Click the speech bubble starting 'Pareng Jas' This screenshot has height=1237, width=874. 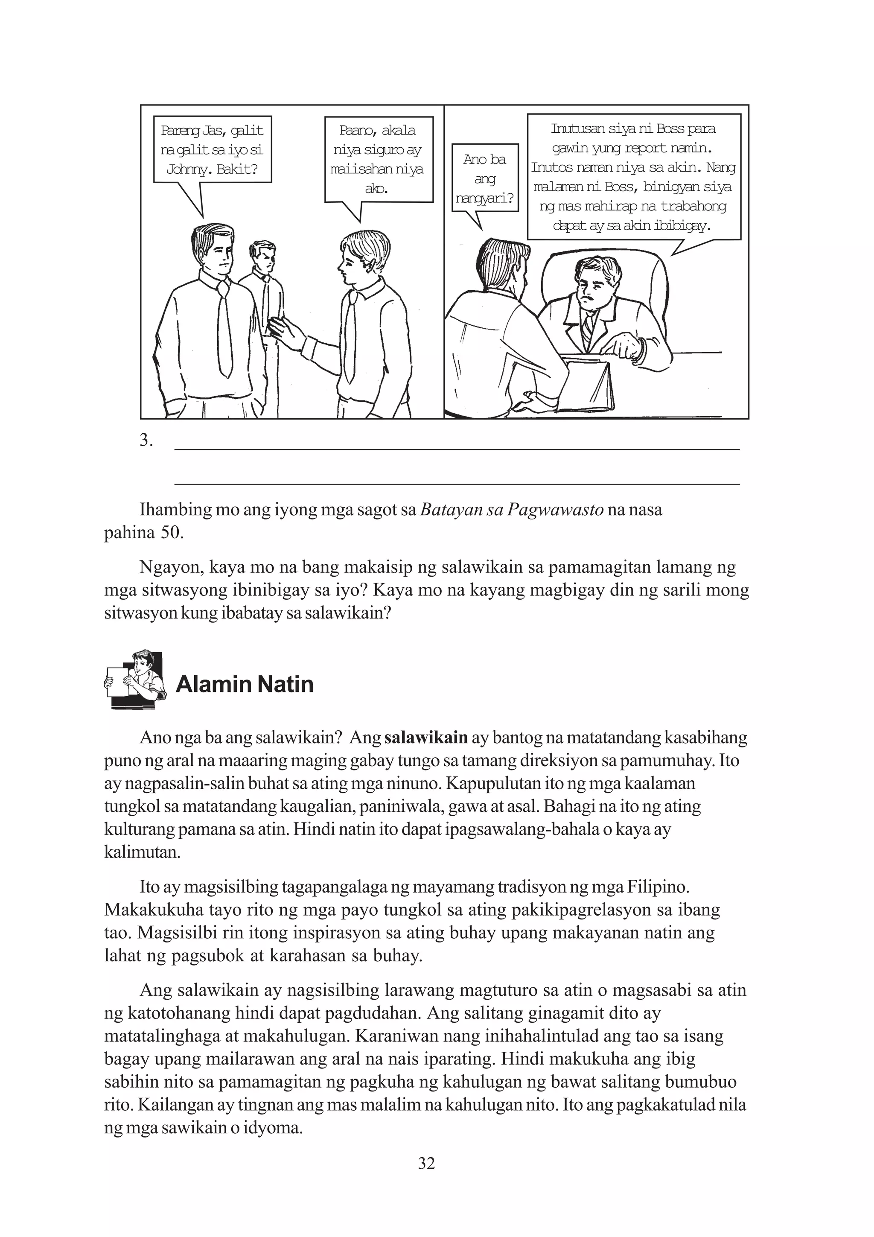[212, 150]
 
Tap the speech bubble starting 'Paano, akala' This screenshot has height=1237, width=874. [378, 160]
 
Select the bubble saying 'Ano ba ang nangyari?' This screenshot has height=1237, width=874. [485, 178]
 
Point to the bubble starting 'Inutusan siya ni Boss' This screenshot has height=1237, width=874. [633, 177]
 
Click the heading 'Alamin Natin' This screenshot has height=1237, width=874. [245, 684]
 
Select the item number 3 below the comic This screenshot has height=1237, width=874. [146, 441]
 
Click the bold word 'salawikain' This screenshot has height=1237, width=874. [426, 738]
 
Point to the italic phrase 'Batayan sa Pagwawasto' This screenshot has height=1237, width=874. [511, 510]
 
